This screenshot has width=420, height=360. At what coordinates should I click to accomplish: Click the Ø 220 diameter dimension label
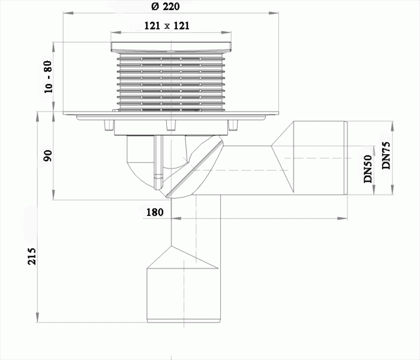click(x=165, y=6)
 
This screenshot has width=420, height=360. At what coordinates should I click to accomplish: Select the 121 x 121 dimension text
click(x=167, y=26)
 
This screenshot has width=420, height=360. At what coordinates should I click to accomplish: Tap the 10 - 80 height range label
click(x=48, y=77)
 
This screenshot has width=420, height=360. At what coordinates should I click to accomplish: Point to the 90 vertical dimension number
click(x=48, y=156)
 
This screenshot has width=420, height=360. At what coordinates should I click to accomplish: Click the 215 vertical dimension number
click(x=32, y=256)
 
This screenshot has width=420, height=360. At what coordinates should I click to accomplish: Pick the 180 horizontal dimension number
click(x=155, y=212)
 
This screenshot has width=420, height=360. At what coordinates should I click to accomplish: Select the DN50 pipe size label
click(x=368, y=169)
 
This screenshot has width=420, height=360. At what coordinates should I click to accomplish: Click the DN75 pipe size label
click(x=386, y=155)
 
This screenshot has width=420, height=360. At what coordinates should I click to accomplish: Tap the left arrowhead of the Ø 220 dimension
click(x=68, y=13)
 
